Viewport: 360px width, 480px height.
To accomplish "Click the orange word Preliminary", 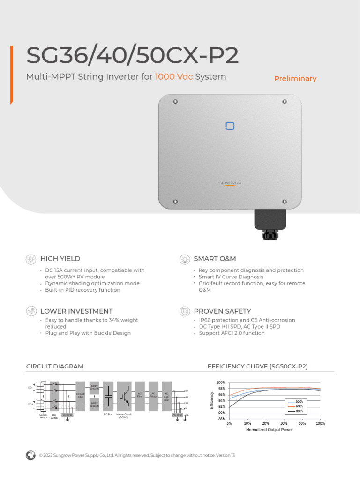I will pos(295,79).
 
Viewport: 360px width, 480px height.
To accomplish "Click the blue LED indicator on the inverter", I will pos(230,126).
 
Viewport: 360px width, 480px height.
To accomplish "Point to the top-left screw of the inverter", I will pos(175,101).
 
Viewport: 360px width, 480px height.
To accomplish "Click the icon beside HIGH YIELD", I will pos(31,259).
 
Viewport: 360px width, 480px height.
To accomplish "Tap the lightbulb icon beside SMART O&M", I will pos(185,259).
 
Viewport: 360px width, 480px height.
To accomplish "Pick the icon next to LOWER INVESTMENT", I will pos(31,311).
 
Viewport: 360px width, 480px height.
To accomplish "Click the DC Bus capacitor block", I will pos(108,396).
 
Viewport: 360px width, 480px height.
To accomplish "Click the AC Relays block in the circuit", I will pos(153,396).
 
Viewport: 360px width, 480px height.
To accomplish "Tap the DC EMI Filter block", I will pos(80,396).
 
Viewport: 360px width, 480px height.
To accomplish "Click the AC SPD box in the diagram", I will pos(177,415).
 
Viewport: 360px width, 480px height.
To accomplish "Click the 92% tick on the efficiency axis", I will pos(222,407).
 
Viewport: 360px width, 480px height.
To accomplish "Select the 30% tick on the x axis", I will pos(284,423).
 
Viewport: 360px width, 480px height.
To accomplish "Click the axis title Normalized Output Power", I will pos(269,430).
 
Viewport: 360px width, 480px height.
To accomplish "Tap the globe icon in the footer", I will pos(31,455).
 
